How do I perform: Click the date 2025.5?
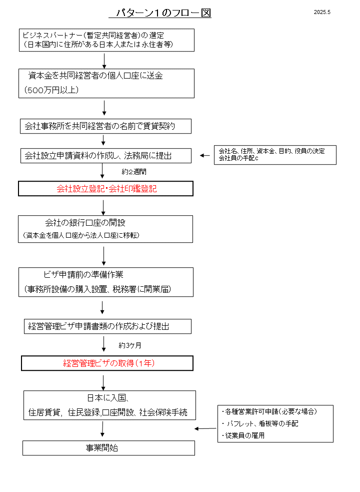click(322, 12)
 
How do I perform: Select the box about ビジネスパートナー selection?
click(106, 40)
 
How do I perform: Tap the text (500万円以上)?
click(51, 90)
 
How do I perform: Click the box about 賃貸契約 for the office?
click(105, 126)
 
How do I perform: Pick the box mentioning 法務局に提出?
click(106, 156)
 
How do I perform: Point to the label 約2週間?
click(134, 172)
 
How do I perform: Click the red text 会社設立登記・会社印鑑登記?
click(106, 189)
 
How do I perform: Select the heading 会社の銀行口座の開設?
click(85, 223)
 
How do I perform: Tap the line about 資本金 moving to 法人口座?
click(81, 235)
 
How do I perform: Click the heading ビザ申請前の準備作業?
click(83, 275)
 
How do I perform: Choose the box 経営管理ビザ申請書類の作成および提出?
click(107, 326)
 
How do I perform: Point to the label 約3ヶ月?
click(130, 345)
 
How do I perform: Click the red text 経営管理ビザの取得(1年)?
click(109, 363)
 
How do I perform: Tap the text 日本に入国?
click(108, 398)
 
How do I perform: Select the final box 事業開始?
click(108, 448)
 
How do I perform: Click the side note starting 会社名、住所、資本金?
click(275, 155)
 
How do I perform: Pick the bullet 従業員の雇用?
click(243, 435)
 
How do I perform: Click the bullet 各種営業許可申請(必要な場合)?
click(269, 412)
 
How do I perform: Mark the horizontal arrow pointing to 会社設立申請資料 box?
click(205, 155)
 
